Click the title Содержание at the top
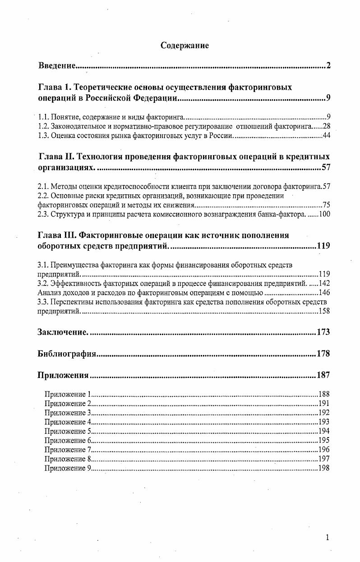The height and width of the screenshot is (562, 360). point(185,46)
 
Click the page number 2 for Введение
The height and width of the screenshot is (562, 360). point(328,66)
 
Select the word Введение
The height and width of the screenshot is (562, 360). point(56,66)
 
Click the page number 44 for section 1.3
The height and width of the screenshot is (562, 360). point(327,135)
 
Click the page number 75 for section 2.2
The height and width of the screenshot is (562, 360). point(327,205)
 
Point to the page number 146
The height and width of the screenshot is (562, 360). point(324,292)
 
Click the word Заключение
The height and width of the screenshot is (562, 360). point(62,332)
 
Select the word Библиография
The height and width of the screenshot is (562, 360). point(67,354)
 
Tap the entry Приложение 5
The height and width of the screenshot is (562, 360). point(68,431)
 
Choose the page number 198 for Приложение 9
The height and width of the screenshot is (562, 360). point(324,468)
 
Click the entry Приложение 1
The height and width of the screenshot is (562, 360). point(68,394)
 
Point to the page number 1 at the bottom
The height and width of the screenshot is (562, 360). point(328,537)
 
